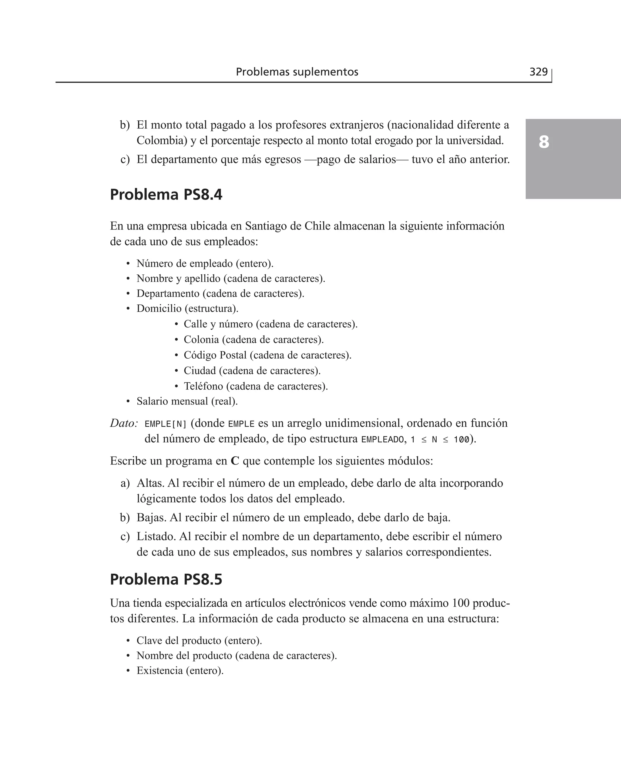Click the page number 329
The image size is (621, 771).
pos(538,72)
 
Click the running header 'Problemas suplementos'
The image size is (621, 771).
pos(297,72)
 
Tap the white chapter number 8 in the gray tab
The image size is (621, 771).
pos(544,142)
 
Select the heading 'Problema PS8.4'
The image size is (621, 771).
pos(166,195)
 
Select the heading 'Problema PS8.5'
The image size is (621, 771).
pos(166,579)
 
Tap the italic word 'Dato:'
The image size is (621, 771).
pos(124,423)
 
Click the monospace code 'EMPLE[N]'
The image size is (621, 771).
pos(166,424)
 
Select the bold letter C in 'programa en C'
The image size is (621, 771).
pos(235,461)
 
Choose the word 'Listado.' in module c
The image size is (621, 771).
pos(156,536)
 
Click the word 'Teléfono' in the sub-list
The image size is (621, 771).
pos(203,386)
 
